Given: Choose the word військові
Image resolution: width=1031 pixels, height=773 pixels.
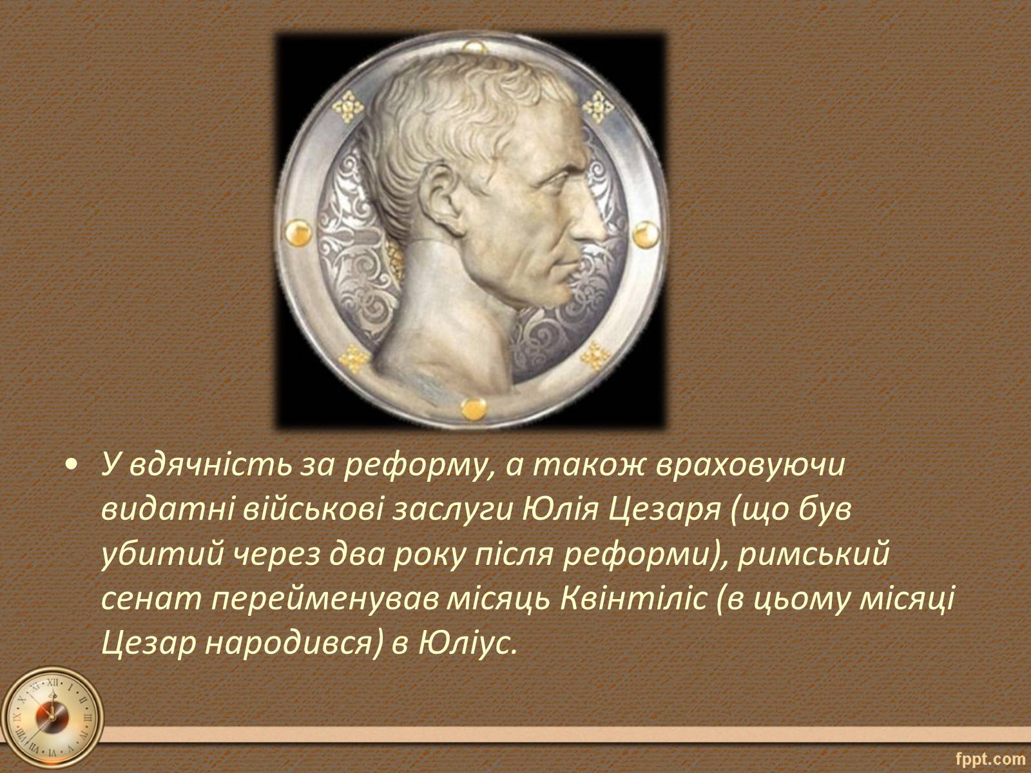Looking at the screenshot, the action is pyautogui.click(x=313, y=511).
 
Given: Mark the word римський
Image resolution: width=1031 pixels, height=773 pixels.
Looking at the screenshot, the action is pyautogui.click(x=813, y=556).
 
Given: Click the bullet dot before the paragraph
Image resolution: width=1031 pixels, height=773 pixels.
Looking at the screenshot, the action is pyautogui.click(x=71, y=467).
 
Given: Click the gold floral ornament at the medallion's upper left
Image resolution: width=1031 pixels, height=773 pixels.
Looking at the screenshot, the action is pyautogui.click(x=348, y=106).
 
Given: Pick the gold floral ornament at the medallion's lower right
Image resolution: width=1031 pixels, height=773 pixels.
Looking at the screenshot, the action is pyautogui.click(x=595, y=356).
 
